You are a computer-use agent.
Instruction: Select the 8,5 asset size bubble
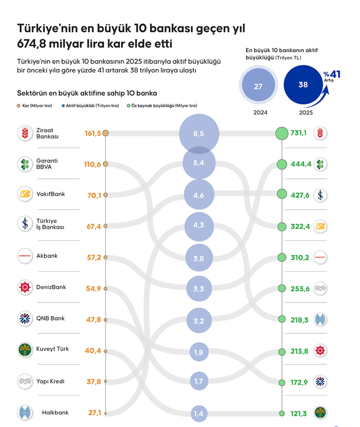tap(199, 133)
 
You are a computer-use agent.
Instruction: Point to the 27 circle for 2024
tap(258, 86)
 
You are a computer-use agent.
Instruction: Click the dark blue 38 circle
tap(303, 85)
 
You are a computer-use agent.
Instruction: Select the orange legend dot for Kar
tap(19, 105)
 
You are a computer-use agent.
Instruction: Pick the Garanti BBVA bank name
tap(47, 164)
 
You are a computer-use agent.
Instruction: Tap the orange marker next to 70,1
tap(105, 195)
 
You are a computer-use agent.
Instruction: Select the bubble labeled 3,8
tap(199, 258)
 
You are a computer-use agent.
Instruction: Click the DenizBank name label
tap(51, 287)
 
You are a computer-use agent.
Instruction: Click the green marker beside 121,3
tap(281, 413)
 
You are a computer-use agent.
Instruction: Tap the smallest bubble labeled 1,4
tap(199, 413)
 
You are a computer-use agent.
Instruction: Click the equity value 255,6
tap(300, 289)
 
